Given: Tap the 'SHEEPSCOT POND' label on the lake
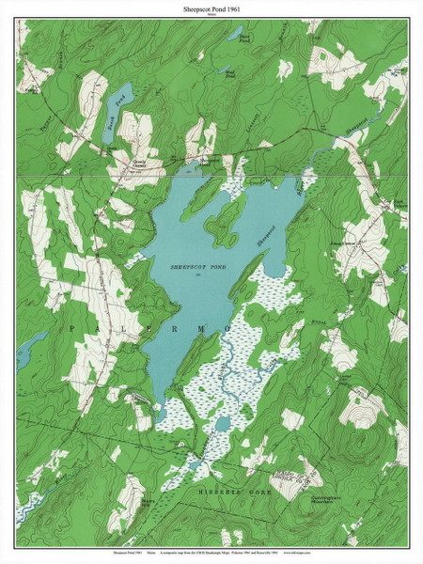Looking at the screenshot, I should [x=198, y=267].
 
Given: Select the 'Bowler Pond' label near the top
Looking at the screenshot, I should [x=243, y=38].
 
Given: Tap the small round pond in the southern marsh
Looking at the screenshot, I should [x=222, y=425].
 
